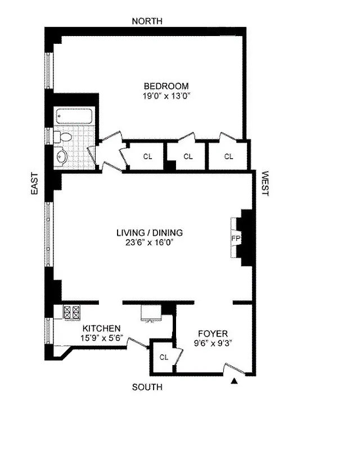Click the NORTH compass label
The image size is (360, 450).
tap(147, 21)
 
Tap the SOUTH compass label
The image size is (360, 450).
tap(147, 387)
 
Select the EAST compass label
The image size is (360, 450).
tap(34, 183)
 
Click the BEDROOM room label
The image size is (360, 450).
tap(166, 86)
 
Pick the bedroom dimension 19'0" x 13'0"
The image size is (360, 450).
tap(166, 96)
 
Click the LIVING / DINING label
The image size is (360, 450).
tap(150, 232)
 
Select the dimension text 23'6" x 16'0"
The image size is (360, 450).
tap(150, 242)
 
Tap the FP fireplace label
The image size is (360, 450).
tap(236, 238)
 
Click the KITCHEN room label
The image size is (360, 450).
tap(102, 328)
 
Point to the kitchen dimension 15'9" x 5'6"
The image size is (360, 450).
tap(102, 338)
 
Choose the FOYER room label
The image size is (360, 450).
tap(211, 331)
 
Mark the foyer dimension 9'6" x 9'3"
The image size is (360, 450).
tap(211, 340)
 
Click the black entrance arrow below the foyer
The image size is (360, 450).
tap(235, 382)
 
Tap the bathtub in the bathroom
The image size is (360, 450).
tap(74, 117)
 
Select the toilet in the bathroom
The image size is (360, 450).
tap(64, 137)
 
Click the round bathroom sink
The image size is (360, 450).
tap(62, 156)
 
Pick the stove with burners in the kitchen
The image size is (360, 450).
tap(73, 313)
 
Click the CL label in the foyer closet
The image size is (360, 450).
tap(164, 357)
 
